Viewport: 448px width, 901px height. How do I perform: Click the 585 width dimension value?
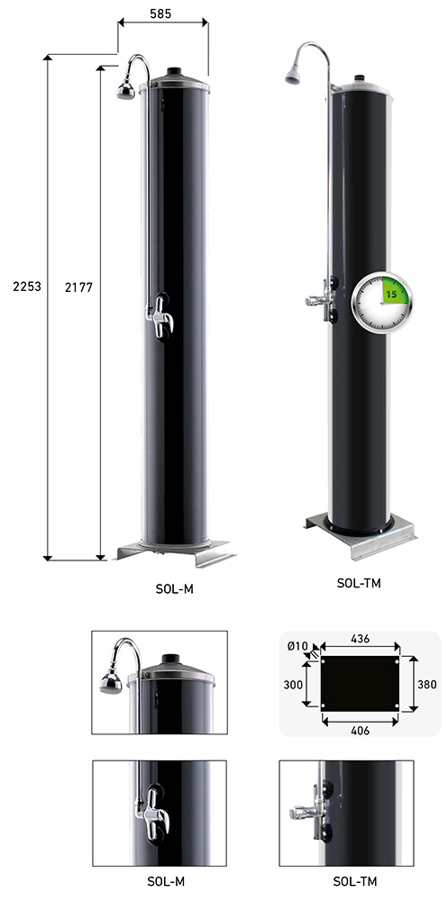pyautogui.click(x=160, y=14)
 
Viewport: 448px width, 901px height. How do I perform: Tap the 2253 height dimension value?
pyautogui.click(x=27, y=286)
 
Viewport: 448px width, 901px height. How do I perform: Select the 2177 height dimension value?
pyautogui.click(x=78, y=287)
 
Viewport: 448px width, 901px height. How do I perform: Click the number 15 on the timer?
pyautogui.click(x=391, y=295)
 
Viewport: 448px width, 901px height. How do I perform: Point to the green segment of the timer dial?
pyautogui.click(x=395, y=291)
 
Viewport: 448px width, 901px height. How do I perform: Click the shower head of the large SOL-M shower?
pyautogui.click(x=126, y=91)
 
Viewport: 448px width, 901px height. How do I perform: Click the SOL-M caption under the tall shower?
pyautogui.click(x=174, y=589)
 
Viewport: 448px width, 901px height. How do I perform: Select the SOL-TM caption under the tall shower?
pyautogui.click(x=360, y=583)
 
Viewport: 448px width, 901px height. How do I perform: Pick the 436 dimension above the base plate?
pyautogui.click(x=360, y=639)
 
